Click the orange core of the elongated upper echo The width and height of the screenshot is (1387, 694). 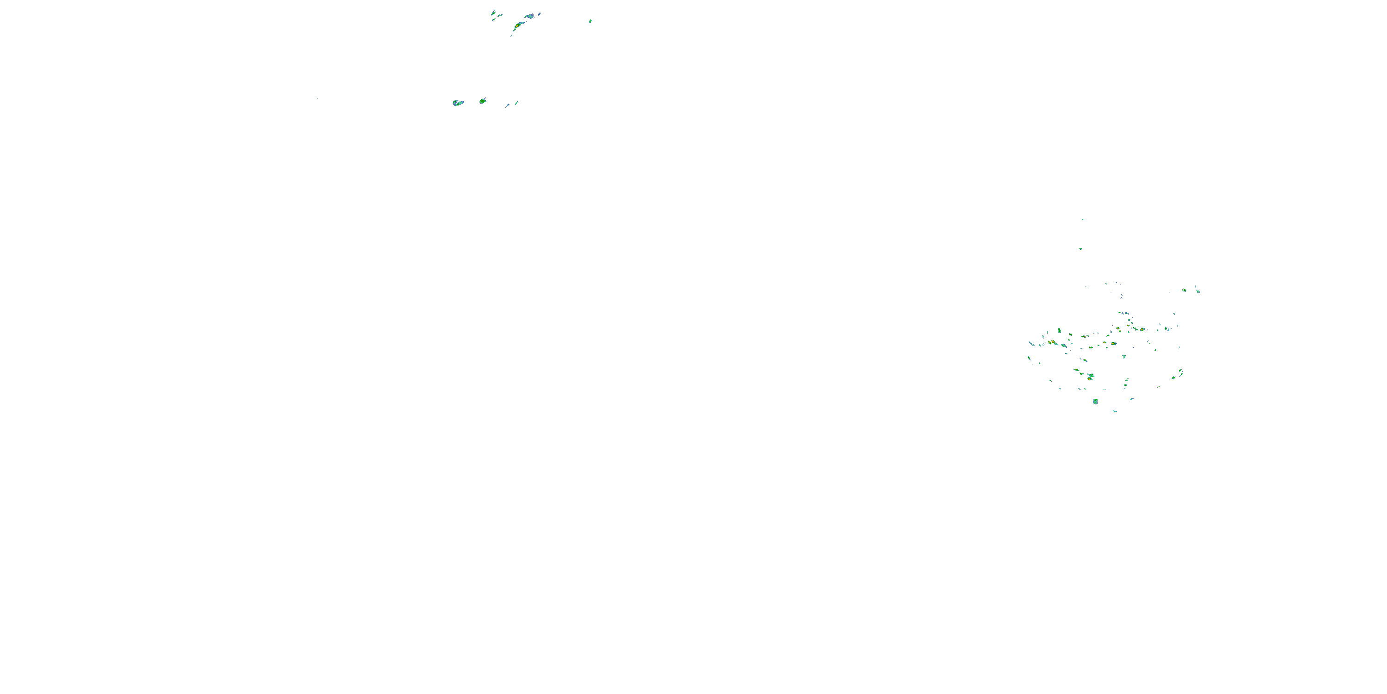[517, 25]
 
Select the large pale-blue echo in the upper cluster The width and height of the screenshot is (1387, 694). [530, 16]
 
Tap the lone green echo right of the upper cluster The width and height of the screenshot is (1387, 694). [591, 21]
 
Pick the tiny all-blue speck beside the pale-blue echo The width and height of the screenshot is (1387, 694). [540, 13]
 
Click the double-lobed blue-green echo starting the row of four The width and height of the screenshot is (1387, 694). [458, 103]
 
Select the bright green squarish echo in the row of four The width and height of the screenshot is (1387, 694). [482, 101]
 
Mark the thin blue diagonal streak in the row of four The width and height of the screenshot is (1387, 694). [507, 105]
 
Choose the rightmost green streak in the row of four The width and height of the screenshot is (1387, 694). [516, 102]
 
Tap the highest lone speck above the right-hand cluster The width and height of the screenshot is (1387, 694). [1083, 219]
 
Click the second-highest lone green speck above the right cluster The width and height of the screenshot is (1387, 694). [1080, 248]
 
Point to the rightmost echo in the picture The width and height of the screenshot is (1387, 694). [1197, 291]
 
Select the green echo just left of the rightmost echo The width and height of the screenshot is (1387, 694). [1184, 290]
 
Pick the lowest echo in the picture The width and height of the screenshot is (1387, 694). [1115, 411]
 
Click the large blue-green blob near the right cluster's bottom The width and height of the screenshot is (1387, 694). [1095, 402]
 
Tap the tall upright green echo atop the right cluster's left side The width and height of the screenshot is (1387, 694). [1059, 330]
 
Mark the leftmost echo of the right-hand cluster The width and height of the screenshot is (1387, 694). [1029, 358]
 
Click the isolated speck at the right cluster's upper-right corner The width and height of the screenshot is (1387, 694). [1174, 313]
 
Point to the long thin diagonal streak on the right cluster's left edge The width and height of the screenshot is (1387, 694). [1031, 343]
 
